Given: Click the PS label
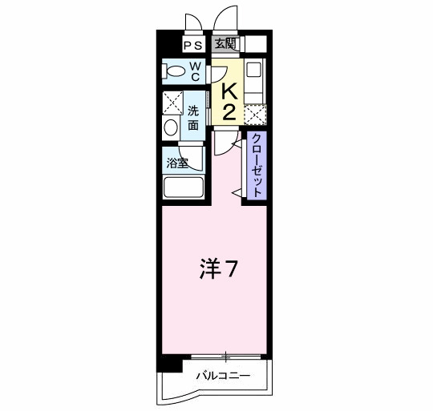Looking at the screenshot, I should tap(192, 46).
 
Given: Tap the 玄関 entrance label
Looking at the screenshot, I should tap(225, 45).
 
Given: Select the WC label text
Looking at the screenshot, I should tap(195, 71).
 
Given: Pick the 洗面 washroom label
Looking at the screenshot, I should tap(194, 119).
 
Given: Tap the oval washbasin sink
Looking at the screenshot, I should tap(171, 128).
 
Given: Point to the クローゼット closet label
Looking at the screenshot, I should tap(257, 166).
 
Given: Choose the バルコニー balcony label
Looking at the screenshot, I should tap(224, 376).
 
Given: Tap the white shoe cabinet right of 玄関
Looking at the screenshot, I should tap(255, 45).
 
